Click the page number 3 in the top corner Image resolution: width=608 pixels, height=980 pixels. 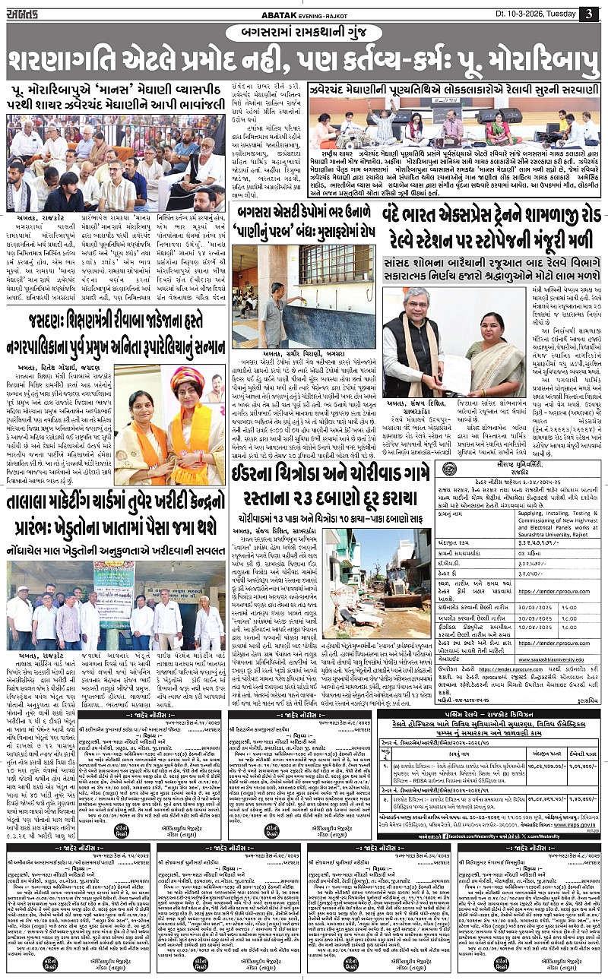tap(589, 14)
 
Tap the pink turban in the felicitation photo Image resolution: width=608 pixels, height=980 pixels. tap(184, 377)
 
